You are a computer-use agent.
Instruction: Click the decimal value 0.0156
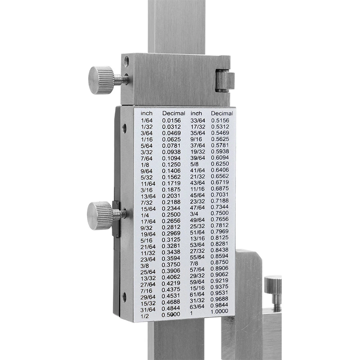point(171,120)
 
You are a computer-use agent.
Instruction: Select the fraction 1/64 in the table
point(147,121)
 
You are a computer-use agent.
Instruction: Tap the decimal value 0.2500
point(171,215)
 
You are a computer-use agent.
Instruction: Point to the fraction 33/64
point(198,120)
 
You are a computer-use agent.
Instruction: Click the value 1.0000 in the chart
point(220,311)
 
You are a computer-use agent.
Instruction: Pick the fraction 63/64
point(197,307)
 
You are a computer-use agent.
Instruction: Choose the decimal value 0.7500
point(220,213)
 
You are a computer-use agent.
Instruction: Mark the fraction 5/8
point(194,164)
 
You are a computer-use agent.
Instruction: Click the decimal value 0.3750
point(171,265)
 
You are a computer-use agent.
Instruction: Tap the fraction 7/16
point(146,291)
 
